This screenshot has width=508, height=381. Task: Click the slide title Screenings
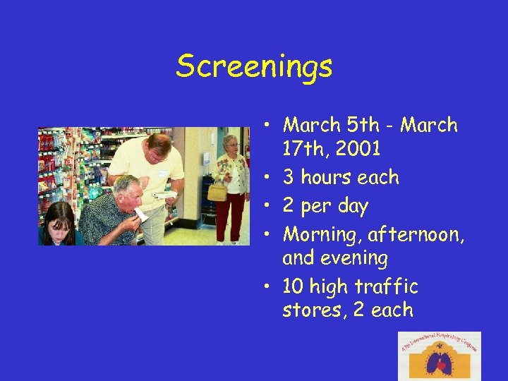(x=254, y=67)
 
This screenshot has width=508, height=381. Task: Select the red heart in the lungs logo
(x=440, y=365)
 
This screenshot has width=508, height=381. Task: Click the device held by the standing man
(x=164, y=193)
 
